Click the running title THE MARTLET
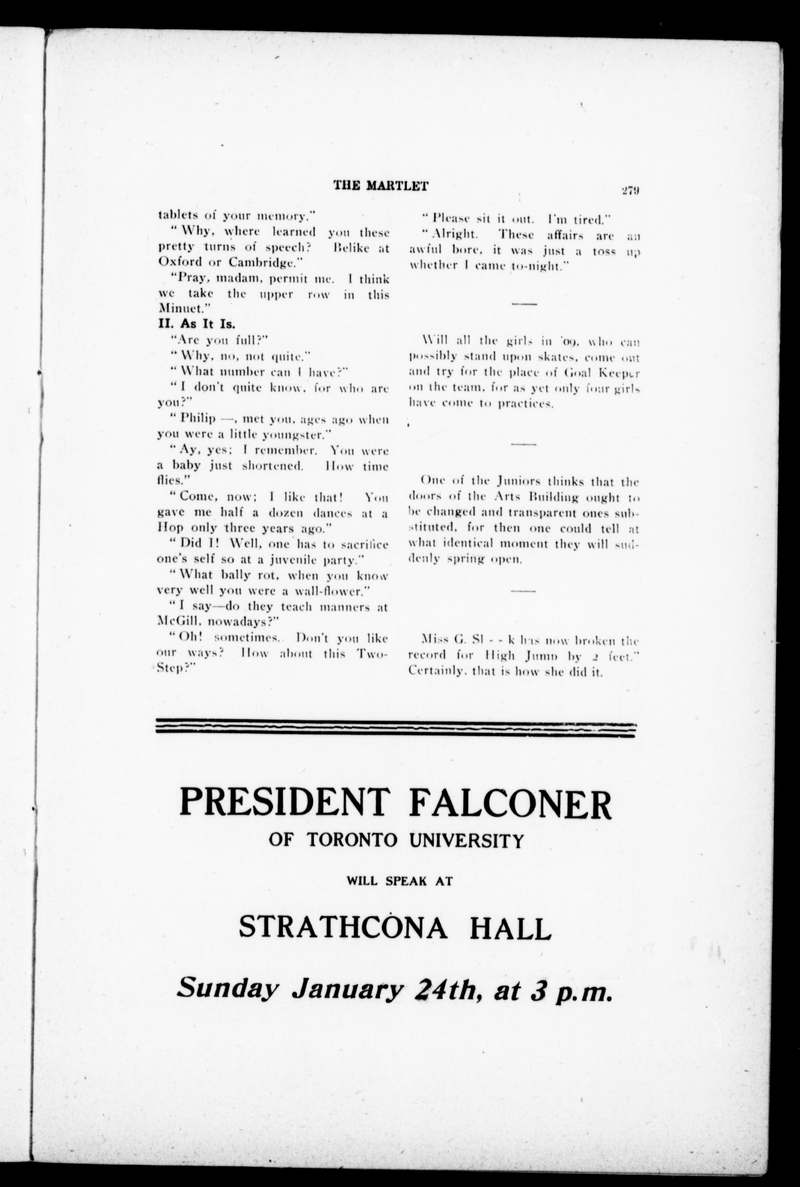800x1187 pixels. (380, 186)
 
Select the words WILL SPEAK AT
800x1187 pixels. (400, 881)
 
